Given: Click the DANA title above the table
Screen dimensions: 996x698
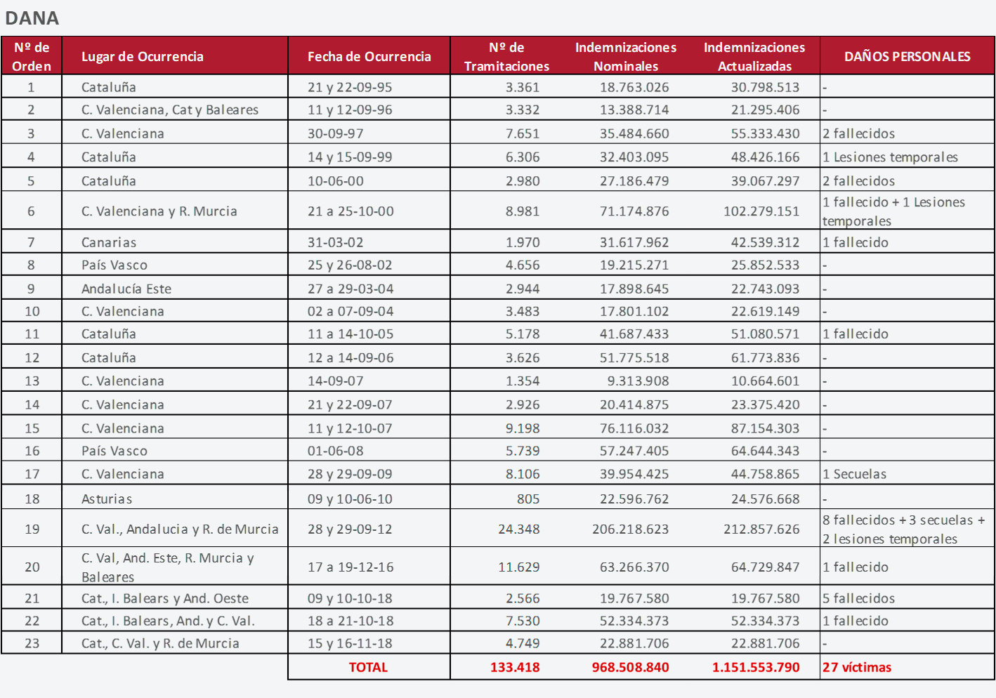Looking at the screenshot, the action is click(x=32, y=18).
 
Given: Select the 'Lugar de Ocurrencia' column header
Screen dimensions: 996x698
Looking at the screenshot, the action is click(x=143, y=56).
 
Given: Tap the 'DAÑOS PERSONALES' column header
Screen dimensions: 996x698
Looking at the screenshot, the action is click(x=907, y=56).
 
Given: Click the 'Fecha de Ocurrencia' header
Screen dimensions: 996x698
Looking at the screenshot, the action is click(x=369, y=56).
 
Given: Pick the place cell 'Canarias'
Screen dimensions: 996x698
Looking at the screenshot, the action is click(x=109, y=242).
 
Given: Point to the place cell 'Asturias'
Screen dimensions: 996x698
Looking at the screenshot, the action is click(x=107, y=499).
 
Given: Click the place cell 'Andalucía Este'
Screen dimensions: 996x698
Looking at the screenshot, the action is click(x=126, y=289).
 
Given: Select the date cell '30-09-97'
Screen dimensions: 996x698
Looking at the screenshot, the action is click(x=335, y=133).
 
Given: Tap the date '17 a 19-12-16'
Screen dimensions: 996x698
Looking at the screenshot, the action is click(x=350, y=567).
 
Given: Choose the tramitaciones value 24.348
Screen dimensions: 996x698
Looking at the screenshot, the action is click(x=519, y=529).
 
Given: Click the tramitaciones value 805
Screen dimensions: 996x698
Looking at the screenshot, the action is click(x=528, y=499).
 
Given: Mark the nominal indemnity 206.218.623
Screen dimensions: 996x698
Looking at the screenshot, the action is click(x=631, y=529).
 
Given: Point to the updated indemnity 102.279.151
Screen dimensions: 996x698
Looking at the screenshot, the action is click(x=761, y=211).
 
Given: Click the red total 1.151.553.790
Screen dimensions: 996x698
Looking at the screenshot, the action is click(x=756, y=667).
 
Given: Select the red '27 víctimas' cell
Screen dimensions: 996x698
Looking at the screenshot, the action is click(x=857, y=667).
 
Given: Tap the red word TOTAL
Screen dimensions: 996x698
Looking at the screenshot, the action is click(x=368, y=667).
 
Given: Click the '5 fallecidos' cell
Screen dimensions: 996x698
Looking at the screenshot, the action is click(x=858, y=598).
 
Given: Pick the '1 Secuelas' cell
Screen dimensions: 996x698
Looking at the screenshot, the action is click(x=854, y=474).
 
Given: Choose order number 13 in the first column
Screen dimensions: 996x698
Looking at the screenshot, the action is click(x=32, y=381).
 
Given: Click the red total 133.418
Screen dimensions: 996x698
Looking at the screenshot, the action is click(x=515, y=667).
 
